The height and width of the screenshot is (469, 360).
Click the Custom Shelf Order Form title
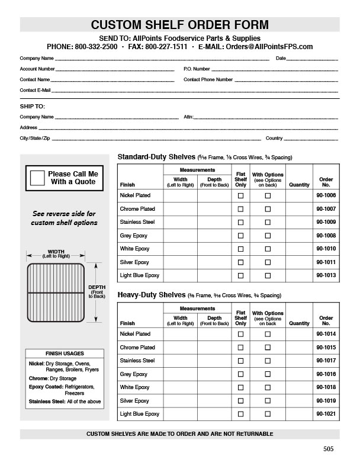coord(179,25)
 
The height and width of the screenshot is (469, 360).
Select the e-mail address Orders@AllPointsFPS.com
coord(269,46)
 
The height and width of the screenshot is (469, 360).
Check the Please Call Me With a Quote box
coord(37,178)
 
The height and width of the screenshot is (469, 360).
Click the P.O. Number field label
coord(197,69)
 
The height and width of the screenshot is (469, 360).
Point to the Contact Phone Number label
coord(208,79)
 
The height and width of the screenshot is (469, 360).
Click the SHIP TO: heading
coord(33,107)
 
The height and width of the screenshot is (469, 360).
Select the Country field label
coord(274,138)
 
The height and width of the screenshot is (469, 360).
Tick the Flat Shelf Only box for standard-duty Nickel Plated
coord(240,195)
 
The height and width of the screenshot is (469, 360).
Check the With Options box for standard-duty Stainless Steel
coord(268,222)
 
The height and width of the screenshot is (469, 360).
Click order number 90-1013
coord(326,275)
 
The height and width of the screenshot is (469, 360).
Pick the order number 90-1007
coord(326,209)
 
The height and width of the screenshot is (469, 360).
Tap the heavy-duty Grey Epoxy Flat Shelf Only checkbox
coord(240,374)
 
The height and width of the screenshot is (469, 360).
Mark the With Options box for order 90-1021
coord(268,414)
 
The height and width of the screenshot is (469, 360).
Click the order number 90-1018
coord(326,387)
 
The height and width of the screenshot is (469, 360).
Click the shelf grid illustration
coord(56,294)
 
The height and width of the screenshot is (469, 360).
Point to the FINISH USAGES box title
coord(65,354)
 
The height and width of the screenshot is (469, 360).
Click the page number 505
coord(329,449)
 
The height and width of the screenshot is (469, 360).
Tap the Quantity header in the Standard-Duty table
coord(299,185)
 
